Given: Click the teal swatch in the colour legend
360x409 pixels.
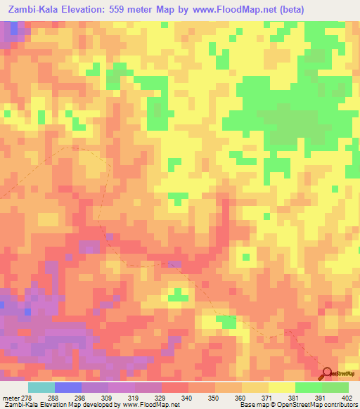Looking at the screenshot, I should coord(41,387).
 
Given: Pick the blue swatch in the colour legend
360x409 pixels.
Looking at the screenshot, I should coord(67,387).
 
